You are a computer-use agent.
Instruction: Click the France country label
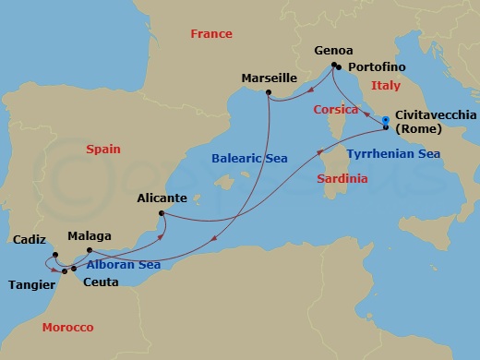(x=210, y=34)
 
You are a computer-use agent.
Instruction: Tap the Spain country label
(x=103, y=148)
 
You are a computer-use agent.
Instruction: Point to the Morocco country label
(x=68, y=328)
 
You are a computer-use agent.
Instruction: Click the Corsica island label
(x=318, y=108)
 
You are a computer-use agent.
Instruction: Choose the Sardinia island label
(x=342, y=177)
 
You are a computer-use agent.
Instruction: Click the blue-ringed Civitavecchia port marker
(x=385, y=119)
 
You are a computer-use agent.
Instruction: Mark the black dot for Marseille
(x=268, y=92)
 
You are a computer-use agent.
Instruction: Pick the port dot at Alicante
(x=162, y=215)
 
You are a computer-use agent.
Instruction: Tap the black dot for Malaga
(x=89, y=250)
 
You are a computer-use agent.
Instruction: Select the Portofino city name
(x=376, y=66)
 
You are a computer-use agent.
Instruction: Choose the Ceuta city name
(x=99, y=282)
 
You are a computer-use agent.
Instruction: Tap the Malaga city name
(x=88, y=235)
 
